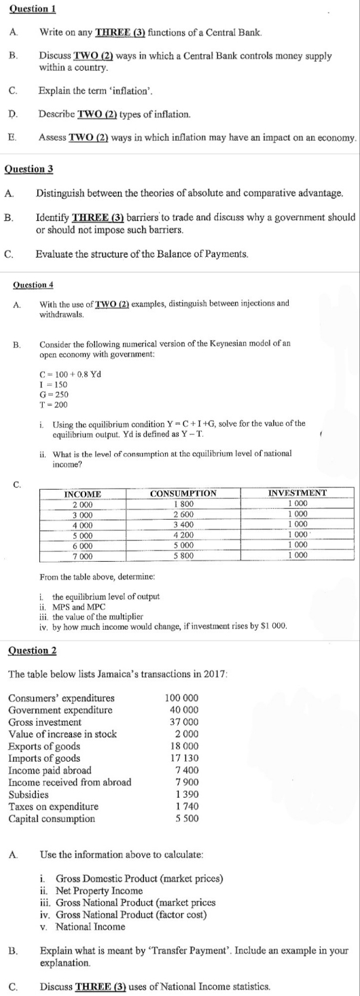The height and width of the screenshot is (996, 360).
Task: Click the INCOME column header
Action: click(82, 493)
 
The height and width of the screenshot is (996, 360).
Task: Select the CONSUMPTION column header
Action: click(183, 493)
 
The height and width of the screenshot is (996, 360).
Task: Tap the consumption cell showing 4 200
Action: click(183, 535)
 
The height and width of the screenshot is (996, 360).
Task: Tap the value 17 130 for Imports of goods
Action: click(184, 758)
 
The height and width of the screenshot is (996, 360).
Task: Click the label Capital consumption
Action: click(47, 818)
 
